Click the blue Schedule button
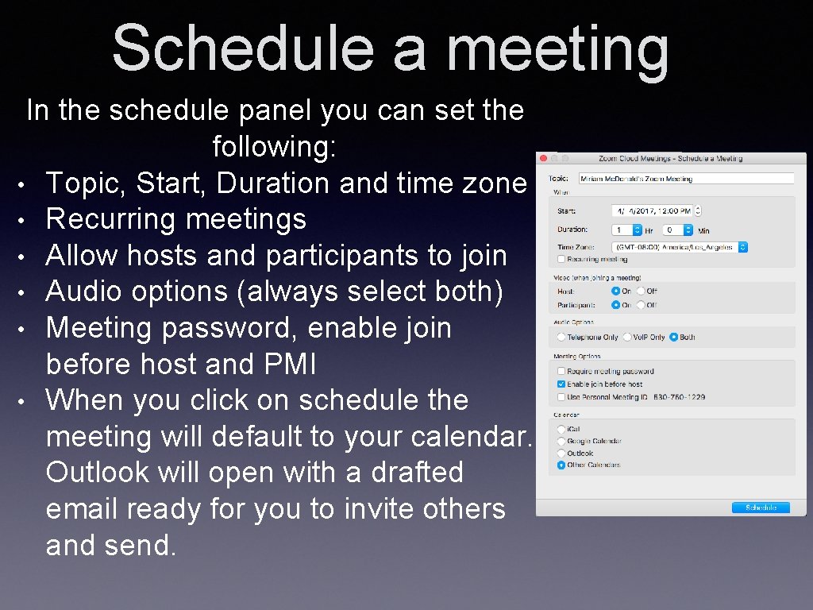(x=760, y=507)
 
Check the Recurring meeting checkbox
(x=561, y=259)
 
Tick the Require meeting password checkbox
(x=561, y=371)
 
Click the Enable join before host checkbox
(x=561, y=384)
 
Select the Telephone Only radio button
(x=561, y=337)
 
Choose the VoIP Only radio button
(x=626, y=337)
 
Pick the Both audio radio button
(x=673, y=337)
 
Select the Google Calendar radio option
(x=561, y=441)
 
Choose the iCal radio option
(x=561, y=429)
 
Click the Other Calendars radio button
(x=561, y=465)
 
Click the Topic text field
(x=686, y=179)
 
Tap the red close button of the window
(x=542, y=157)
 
